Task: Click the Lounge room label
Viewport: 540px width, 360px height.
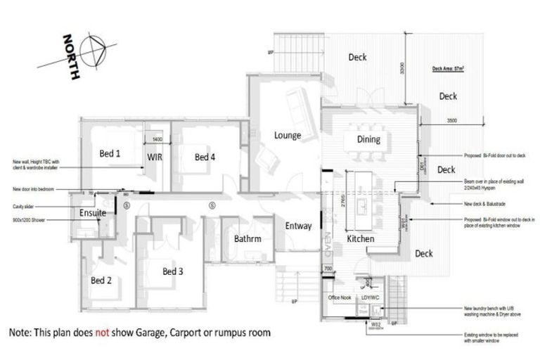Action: (288, 135)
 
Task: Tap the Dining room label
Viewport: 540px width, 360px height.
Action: (368, 139)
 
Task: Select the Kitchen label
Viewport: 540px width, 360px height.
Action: (360, 239)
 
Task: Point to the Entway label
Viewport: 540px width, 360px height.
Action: (297, 226)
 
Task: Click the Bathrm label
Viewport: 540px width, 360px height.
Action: (247, 239)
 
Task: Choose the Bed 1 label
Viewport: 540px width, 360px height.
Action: (110, 153)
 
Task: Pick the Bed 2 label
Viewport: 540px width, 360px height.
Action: (101, 280)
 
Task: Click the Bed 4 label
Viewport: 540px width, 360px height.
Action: (205, 157)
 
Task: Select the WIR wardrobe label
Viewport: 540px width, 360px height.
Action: (155, 157)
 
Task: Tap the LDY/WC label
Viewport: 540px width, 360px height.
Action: (371, 298)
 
